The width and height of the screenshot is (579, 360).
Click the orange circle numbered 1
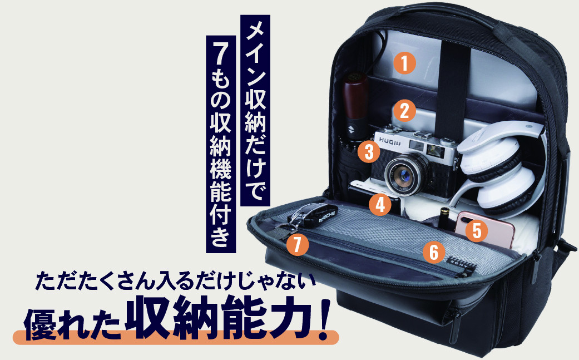[404, 63]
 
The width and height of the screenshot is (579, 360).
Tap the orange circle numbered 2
[404, 110]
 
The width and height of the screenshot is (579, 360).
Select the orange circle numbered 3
[369, 151]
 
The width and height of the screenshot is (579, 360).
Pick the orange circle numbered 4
[380, 204]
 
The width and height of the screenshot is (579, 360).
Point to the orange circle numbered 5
[476, 231]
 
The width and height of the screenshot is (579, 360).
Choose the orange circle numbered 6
[434, 252]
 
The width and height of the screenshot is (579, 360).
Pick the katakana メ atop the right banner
[255, 31]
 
